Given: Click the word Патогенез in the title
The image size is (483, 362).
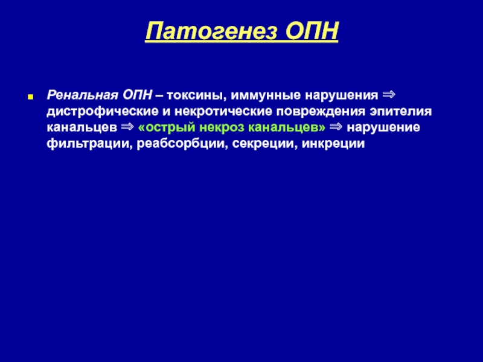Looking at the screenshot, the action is tap(211, 31).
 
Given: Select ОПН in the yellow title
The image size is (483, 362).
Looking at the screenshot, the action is tap(312, 31).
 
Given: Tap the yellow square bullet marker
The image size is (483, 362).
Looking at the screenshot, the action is tap(30, 97).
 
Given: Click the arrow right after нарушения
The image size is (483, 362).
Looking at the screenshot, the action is tap(389, 95).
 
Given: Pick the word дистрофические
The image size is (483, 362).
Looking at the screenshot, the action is tap(103, 112).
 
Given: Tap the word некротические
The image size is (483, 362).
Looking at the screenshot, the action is tap(223, 112).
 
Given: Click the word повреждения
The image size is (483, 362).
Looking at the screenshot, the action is tap(321, 112).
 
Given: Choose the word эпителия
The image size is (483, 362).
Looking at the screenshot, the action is tap(401, 112).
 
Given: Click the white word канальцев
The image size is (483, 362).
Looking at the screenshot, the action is tap(82, 128).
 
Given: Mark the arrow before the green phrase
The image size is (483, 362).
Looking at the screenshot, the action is tap(127, 127).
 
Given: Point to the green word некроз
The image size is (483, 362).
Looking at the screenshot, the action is tap(222, 128).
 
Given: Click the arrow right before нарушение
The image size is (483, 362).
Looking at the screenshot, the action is tap(336, 127).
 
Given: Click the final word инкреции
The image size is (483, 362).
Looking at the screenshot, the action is tap(333, 144).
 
